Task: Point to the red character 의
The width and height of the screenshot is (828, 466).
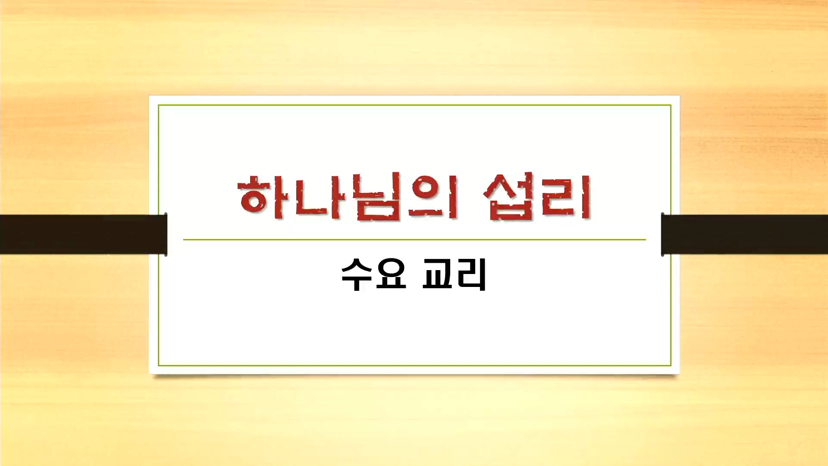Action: click(433, 197)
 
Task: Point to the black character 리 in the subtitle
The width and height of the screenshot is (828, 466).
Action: click(471, 274)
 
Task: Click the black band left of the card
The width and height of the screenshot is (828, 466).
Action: click(84, 234)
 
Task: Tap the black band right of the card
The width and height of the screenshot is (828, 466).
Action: click(744, 234)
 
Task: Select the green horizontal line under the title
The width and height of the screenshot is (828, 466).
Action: click(414, 239)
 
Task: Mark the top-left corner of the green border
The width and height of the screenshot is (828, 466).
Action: click(159, 105)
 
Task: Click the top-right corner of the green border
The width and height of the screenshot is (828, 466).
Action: click(671, 105)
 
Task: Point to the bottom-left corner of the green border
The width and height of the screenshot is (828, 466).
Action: click(159, 365)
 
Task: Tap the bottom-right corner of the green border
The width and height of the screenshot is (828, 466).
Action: click(671, 365)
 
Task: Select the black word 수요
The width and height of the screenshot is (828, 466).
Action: click(374, 274)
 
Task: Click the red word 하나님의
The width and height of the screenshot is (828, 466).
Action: click(347, 197)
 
